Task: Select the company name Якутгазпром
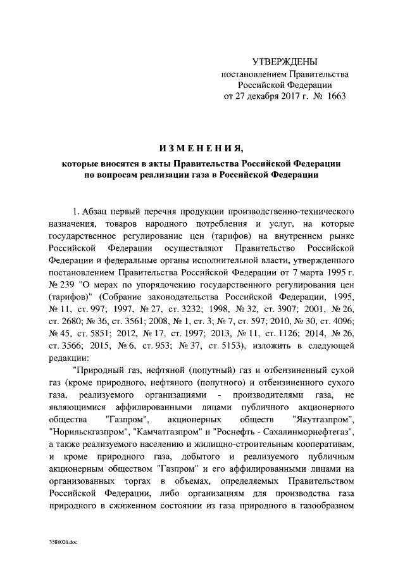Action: click(x=324, y=420)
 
